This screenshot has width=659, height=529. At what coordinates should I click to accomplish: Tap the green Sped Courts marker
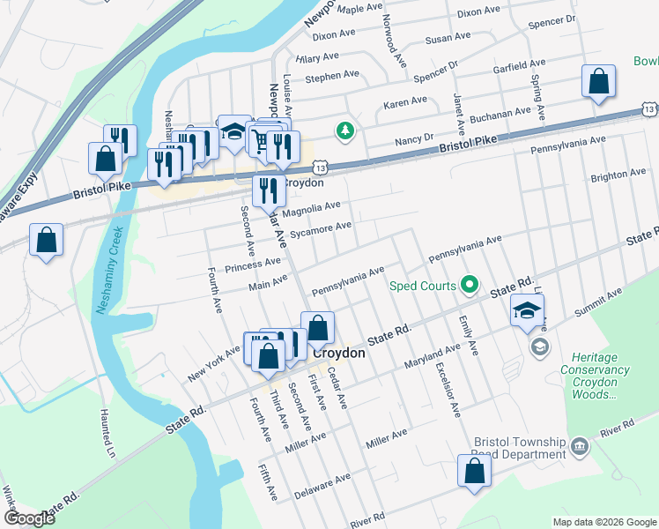pos(470,285)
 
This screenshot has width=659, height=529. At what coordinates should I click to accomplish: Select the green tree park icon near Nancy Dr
pos(346,131)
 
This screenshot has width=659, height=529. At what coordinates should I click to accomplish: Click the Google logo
pos(30,518)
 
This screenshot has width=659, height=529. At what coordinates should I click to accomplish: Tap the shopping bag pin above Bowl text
pos(598,83)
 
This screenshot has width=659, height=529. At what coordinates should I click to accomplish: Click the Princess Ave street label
pos(253,264)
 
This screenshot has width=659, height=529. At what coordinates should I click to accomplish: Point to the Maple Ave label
pos(358,9)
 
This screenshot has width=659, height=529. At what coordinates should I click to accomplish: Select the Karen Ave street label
pos(405,103)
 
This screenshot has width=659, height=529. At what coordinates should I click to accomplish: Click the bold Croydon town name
pos(339,352)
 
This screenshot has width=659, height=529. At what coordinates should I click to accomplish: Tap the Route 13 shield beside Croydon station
pos(321,167)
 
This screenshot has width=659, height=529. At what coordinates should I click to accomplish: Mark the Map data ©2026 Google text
pos(603,522)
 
